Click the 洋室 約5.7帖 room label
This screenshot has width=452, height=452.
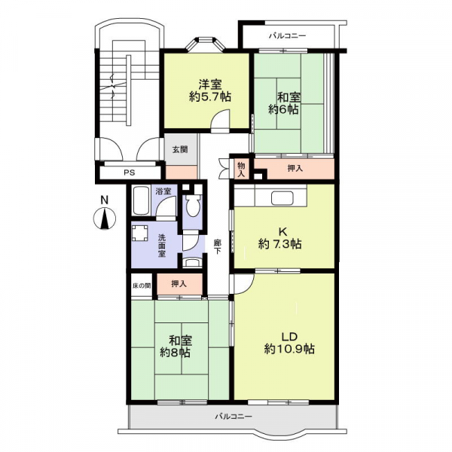click(x=210, y=90)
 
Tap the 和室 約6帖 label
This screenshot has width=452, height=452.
click(x=285, y=103)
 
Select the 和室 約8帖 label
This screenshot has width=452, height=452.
click(x=176, y=347)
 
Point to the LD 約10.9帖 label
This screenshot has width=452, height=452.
click(x=289, y=343)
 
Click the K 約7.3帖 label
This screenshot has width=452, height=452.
click(x=280, y=238)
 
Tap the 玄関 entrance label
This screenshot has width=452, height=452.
click(x=180, y=150)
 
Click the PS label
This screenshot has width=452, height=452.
click(x=130, y=173)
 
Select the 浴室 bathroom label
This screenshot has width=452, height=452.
click(x=163, y=191)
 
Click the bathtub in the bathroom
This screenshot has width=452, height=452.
click(x=141, y=200)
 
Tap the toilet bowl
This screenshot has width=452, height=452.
click(x=193, y=206)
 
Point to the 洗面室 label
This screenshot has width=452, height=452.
click(x=162, y=246)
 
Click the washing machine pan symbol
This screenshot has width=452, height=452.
click(x=140, y=233)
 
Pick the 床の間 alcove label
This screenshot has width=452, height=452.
click(x=142, y=286)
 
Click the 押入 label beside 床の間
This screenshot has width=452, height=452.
click(x=179, y=284)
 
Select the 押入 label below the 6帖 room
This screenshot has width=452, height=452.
click(x=295, y=169)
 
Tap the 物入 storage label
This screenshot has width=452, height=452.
click(x=241, y=169)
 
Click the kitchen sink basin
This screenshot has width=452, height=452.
click(x=282, y=198)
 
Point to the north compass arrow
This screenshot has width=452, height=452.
click(x=105, y=219)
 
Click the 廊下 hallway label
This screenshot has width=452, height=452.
click(x=218, y=247)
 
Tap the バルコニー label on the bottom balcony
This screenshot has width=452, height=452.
click(x=234, y=417)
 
